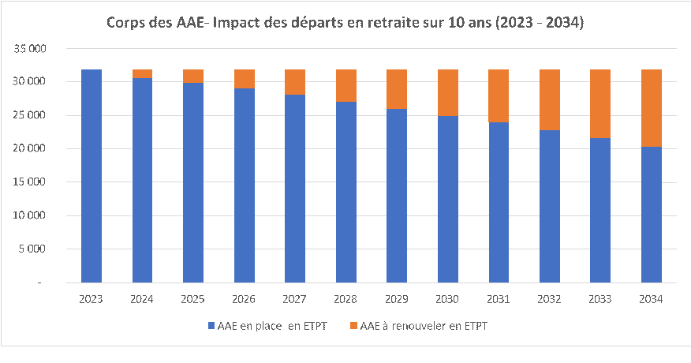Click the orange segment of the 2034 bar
pyautogui.click(x=651, y=108)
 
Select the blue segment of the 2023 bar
pyautogui.click(x=92, y=175)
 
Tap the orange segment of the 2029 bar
pyautogui.click(x=397, y=89)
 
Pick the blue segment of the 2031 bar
pyautogui.click(x=499, y=202)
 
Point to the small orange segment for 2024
pyautogui.click(x=142, y=73)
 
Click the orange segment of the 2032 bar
pyautogui.click(x=550, y=99)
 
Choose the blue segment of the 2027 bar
pyautogui.click(x=295, y=188)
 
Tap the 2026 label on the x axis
pyautogui.click(x=245, y=300)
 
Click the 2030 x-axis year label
pyautogui.click(x=448, y=300)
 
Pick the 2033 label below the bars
pyautogui.click(x=600, y=300)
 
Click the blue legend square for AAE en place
pyautogui.click(x=210, y=325)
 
